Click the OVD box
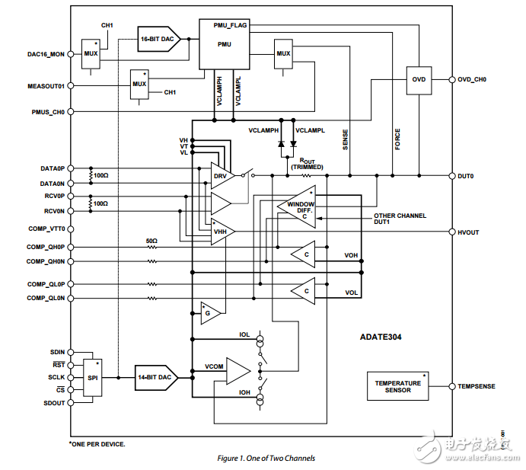pyautogui.click(x=419, y=79)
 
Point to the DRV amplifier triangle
pyautogui.click(x=221, y=176)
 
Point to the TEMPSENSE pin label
pyautogui.click(x=477, y=386)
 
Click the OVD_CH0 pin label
pyautogui.click(x=472, y=79)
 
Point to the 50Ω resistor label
pyautogui.click(x=151, y=241)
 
